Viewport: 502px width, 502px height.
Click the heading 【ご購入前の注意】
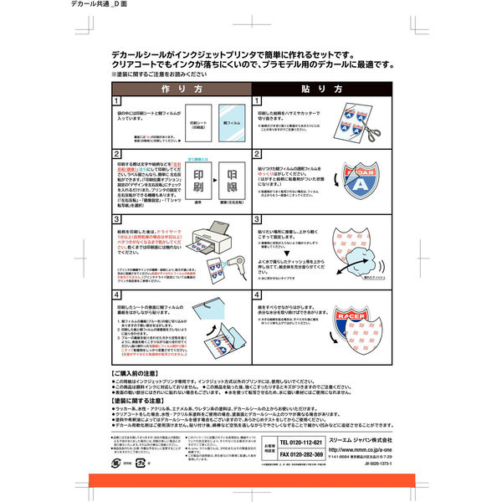[x=134, y=369]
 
